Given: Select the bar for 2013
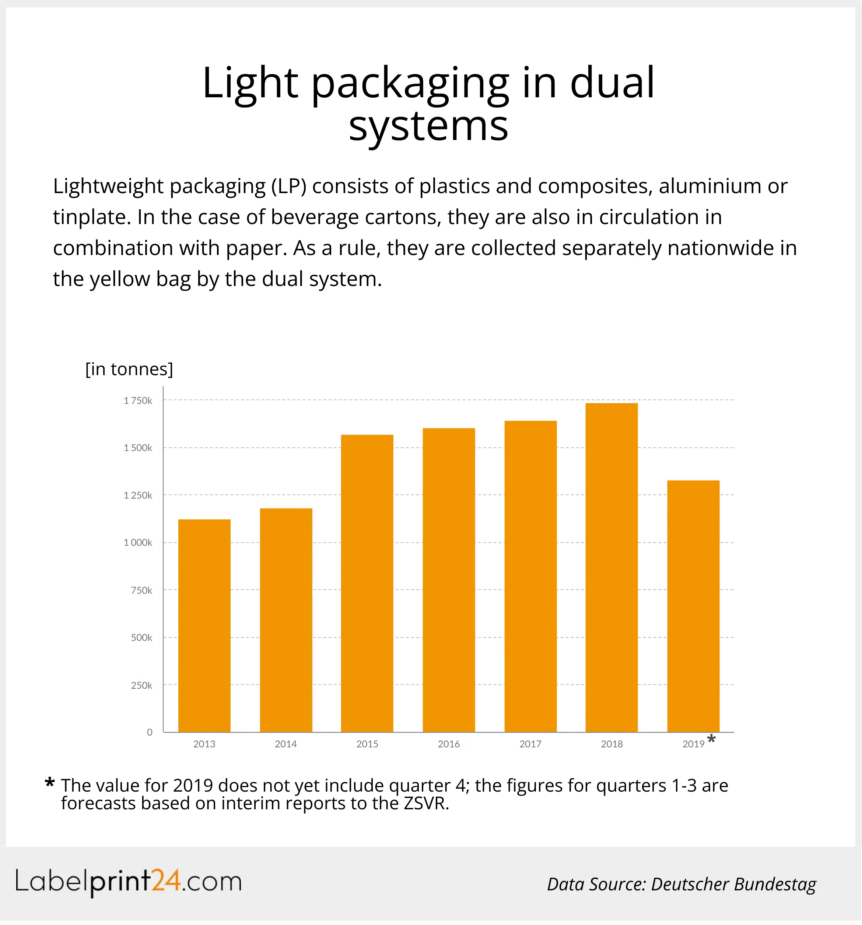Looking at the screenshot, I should [x=204, y=625].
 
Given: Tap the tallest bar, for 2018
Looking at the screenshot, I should [x=611, y=567].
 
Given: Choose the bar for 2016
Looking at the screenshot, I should [x=448, y=580].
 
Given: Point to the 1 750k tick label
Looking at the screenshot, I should [x=138, y=401].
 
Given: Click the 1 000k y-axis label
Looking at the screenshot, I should [x=138, y=542].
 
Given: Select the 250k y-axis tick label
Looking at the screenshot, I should [x=141, y=685].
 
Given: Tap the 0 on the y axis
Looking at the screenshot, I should [x=149, y=732].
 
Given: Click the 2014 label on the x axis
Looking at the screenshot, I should [x=285, y=744].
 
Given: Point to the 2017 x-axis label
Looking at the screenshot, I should [x=530, y=744].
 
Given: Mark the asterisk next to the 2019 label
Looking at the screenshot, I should [x=711, y=739].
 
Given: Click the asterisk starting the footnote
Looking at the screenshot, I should [x=50, y=783].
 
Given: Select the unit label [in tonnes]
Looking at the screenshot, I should [x=129, y=369].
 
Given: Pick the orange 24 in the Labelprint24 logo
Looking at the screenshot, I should [x=166, y=880].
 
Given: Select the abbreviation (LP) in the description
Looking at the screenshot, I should [x=288, y=186].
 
